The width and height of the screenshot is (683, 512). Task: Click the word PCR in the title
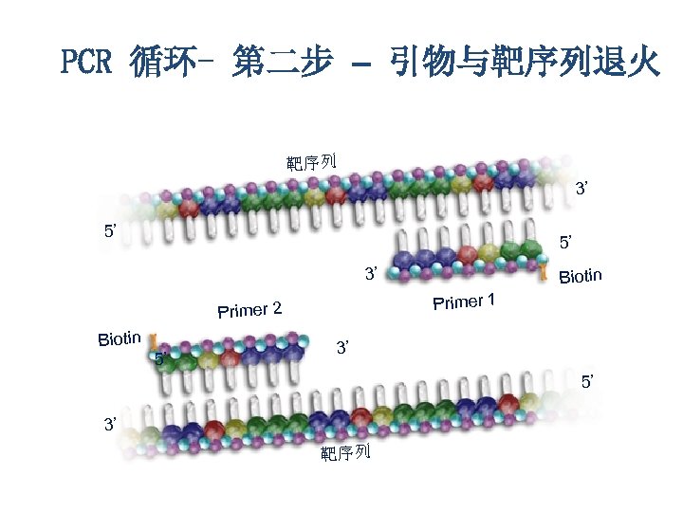point(86,64)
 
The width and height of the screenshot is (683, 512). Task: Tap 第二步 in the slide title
point(282,64)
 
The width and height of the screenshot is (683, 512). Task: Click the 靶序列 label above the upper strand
point(312,161)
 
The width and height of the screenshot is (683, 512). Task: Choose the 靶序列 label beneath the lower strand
point(344,453)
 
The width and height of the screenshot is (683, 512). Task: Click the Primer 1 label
point(464,302)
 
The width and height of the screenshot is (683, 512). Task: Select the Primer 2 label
point(249,310)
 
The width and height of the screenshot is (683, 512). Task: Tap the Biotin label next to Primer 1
point(581,277)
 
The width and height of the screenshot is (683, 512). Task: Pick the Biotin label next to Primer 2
point(120,338)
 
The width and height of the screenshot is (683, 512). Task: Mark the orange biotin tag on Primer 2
point(152,337)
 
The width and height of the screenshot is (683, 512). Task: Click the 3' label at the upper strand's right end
point(585,189)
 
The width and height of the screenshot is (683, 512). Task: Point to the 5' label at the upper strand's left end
point(112,230)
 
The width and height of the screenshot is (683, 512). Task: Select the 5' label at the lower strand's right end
point(588,381)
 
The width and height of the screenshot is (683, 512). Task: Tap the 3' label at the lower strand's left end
point(111,424)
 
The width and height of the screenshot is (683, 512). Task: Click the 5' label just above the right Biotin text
point(567,244)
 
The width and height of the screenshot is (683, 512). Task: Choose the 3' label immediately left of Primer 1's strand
point(373,274)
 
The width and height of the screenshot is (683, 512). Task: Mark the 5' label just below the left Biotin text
point(161,359)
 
